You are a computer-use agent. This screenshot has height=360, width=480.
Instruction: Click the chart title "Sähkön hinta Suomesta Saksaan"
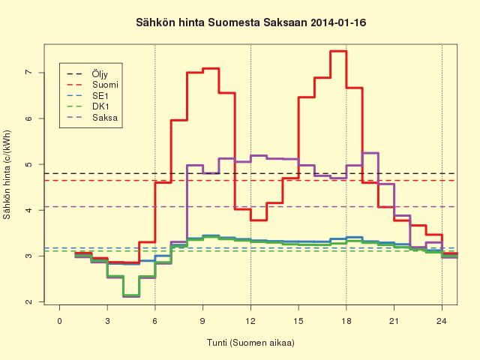pos(222,22)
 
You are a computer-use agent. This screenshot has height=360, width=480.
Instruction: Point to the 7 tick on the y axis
pos(28,73)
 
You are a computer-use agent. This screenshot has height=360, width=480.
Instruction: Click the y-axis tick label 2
pos(28,301)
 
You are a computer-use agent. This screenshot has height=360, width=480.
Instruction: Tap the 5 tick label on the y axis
pos(28,164)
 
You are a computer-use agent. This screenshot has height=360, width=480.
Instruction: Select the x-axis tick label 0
pos(59,321)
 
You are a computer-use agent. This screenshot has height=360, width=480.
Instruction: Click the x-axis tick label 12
pos(250,321)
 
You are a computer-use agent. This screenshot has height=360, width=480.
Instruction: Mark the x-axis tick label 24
pos(442,321)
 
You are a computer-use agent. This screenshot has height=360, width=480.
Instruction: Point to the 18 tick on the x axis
pos(346,321)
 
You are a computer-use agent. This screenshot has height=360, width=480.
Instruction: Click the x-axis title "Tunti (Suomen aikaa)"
pos(250,343)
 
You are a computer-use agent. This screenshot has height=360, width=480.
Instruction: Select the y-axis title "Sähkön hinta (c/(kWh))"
pos(7,175)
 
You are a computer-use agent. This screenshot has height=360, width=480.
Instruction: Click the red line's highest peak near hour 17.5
pos(338,51)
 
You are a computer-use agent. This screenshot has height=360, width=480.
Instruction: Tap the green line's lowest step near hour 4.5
pos(131,295)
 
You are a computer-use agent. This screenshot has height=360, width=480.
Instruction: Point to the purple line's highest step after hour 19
pos(370,153)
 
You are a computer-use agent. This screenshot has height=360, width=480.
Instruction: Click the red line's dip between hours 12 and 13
pos(259,220)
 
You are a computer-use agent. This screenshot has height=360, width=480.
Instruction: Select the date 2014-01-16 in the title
pos(338,22)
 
